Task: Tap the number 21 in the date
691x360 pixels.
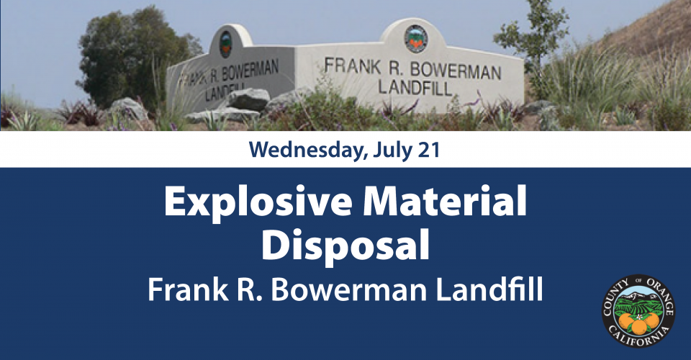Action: (429, 150)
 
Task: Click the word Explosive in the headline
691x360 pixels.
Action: (258, 202)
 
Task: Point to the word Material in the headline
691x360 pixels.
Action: (445, 200)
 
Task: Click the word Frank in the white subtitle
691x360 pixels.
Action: (188, 290)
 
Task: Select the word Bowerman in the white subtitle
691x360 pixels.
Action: (348, 290)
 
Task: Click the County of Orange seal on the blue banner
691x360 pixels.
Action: (638, 311)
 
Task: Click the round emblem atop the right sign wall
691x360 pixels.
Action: (415, 39)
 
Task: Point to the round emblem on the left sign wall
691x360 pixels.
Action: (225, 44)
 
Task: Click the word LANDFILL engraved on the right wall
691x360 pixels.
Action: (415, 88)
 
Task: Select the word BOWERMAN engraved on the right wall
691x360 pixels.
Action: (456, 71)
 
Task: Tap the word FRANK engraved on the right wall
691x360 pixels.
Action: (353, 66)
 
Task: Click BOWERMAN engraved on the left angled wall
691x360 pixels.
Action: (250, 71)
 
